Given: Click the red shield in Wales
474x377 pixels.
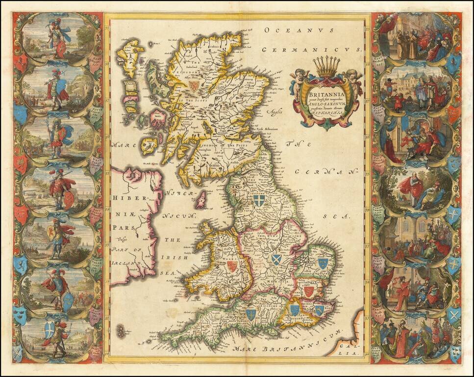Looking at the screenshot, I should click(x=231, y=266).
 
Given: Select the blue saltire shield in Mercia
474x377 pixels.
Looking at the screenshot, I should click(x=276, y=259).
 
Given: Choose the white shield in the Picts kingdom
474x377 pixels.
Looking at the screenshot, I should click(x=229, y=153).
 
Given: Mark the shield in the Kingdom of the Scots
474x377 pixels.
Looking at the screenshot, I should click(x=195, y=86).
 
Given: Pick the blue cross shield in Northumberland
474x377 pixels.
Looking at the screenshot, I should click(x=258, y=200).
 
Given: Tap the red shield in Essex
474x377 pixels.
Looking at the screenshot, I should click(x=308, y=292).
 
